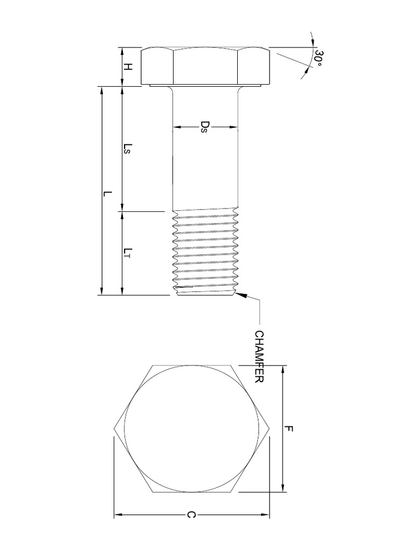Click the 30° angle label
[x=319, y=59]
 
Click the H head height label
[x=128, y=67]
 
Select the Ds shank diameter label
[x=204, y=127]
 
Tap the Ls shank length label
[x=128, y=149]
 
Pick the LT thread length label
[x=128, y=252]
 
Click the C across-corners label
[x=190, y=516]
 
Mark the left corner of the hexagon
[x=114, y=429]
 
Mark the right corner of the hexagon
[x=270, y=429]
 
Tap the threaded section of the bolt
[x=205, y=251]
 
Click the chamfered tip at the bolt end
[x=205, y=293]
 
